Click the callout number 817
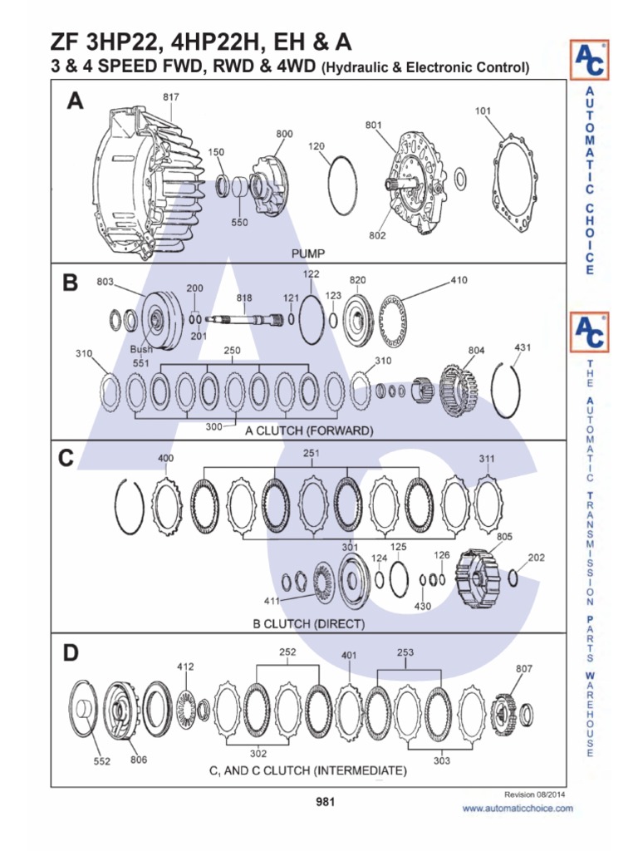tap(170, 97)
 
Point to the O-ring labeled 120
tap(341, 184)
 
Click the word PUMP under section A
tap(307, 253)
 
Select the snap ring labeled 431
tap(513, 391)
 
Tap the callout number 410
tap(459, 280)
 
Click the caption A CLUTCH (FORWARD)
tap(308, 431)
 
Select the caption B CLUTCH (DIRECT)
tap(308, 622)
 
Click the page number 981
tap(325, 802)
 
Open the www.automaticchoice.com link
tap(518, 808)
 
